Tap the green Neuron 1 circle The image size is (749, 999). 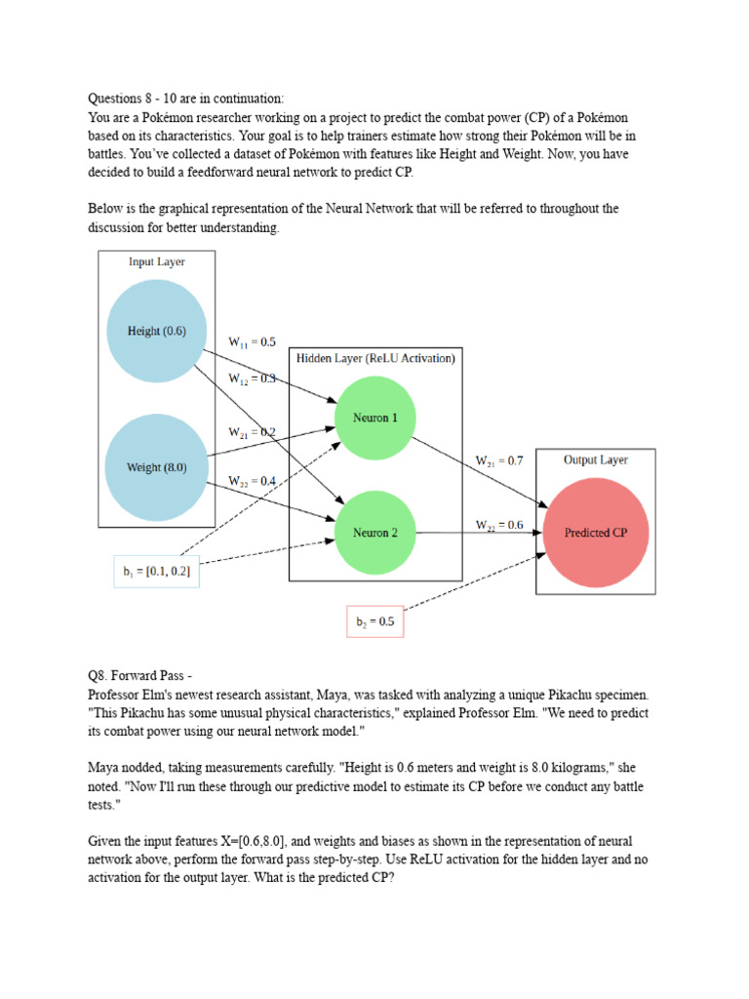(x=374, y=418)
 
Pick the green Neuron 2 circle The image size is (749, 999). (x=374, y=533)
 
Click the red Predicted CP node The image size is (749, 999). (x=596, y=533)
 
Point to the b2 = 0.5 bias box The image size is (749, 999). (x=374, y=620)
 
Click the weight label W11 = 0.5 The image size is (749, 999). (x=252, y=342)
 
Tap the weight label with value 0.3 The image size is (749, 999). (x=252, y=379)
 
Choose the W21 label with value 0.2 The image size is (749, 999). (x=252, y=432)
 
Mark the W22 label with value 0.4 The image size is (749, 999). (x=252, y=481)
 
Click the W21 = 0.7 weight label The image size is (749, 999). (x=499, y=460)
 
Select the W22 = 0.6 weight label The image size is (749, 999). (x=499, y=525)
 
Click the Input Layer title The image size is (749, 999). (x=156, y=261)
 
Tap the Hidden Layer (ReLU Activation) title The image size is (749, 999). (x=375, y=358)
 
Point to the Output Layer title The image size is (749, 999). (x=596, y=460)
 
